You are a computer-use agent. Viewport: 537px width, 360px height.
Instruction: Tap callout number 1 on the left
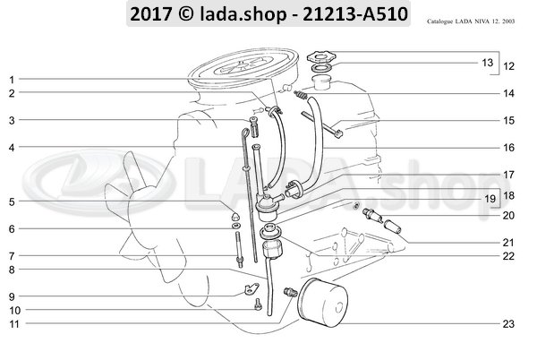tap(11, 79)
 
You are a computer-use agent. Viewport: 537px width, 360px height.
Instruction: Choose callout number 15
tap(507, 119)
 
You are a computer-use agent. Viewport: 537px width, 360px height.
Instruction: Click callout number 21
tap(507, 243)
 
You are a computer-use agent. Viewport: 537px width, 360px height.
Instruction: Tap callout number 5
tap(11, 202)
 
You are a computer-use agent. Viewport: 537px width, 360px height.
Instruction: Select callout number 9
tap(11, 296)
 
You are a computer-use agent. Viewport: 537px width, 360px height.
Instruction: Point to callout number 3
tap(11, 120)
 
